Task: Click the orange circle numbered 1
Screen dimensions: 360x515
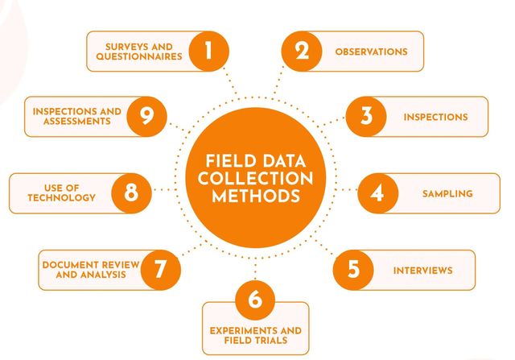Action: pos(208,52)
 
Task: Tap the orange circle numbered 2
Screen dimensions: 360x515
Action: pos(302,52)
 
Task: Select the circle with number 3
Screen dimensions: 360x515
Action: pos(367,117)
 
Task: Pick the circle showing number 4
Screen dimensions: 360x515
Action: pos(376,194)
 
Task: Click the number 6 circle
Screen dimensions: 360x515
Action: pos(255,300)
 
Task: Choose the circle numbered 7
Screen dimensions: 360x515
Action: pos(160,269)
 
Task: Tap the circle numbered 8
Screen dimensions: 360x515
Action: pos(131,193)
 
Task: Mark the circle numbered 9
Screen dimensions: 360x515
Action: pos(146,117)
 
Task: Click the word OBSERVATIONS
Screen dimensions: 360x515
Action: pos(371,52)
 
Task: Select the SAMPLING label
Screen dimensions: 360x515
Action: pos(447,194)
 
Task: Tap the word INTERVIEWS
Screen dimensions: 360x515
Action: pos(422,270)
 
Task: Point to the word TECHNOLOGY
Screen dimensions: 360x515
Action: pos(61,198)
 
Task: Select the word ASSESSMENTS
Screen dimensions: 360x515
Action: pos(71,122)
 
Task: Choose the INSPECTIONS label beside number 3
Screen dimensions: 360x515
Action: pos(435,117)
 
